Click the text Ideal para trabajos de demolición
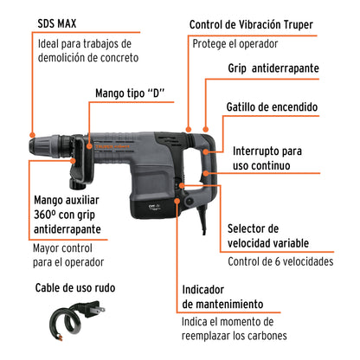84,50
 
